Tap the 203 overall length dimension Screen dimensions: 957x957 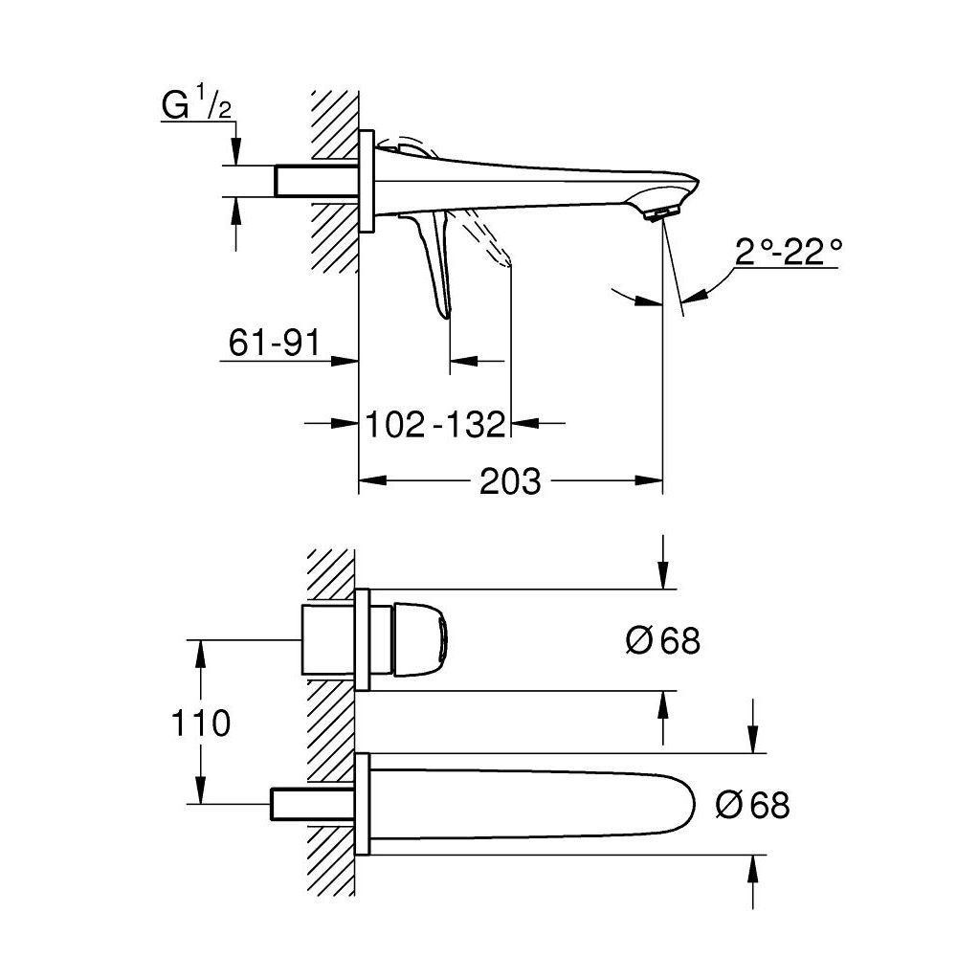tap(510, 480)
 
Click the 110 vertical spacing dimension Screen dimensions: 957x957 tap(201, 723)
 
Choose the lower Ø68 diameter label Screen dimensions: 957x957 tap(753, 805)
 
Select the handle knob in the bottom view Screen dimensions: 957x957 tap(422, 637)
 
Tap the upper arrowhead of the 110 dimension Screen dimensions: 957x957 tap(201, 649)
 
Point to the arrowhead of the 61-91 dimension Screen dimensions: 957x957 tap(348, 361)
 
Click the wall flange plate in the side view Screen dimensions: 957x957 tap(365, 181)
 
